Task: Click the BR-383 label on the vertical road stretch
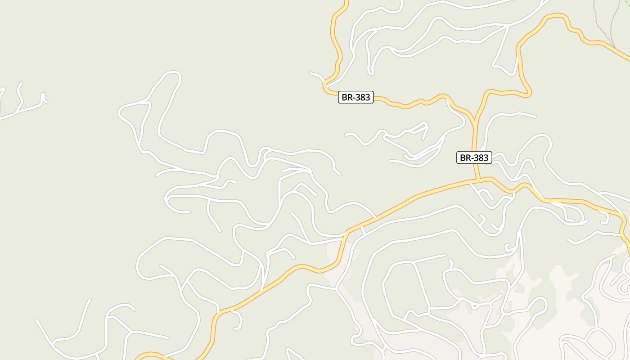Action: click(x=474, y=157)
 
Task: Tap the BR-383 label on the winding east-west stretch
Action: click(x=355, y=97)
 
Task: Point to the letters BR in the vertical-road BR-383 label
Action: click(x=466, y=157)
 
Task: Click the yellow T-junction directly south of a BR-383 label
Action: click(x=478, y=180)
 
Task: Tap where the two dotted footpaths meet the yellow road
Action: click(x=612, y=46)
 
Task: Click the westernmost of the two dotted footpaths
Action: click(x=596, y=18)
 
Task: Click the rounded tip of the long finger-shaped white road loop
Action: click(x=173, y=73)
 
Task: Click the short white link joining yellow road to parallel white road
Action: click(x=363, y=229)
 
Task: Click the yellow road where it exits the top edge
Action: click(x=346, y=2)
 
